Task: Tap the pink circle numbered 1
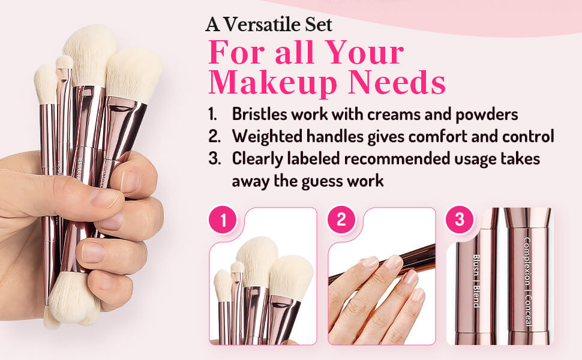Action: pyautogui.click(x=224, y=220)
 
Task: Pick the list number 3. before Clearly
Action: pyautogui.click(x=213, y=159)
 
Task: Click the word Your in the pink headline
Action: pyautogui.click(x=370, y=53)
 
